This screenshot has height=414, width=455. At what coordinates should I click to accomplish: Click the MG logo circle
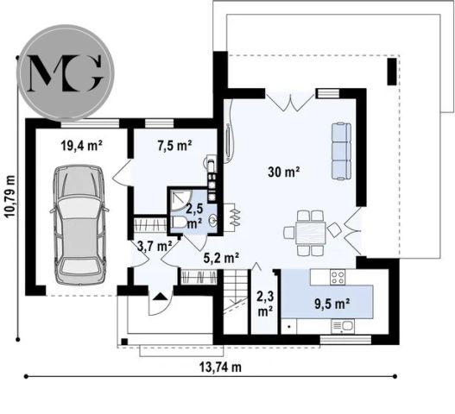pos(67,72)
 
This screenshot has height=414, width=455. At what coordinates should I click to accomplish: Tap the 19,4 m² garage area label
pos(81,146)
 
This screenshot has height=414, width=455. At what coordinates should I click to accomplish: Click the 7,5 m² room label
pos(174,145)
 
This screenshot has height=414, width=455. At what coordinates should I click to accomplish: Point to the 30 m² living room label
pos(283,172)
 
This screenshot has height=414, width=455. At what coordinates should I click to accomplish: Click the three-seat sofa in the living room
pos(341,151)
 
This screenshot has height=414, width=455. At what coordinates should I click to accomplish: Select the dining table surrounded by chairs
pos(311,234)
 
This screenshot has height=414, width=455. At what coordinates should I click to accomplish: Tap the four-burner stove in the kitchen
pos(338,277)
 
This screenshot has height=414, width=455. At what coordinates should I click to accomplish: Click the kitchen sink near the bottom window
pos(343,326)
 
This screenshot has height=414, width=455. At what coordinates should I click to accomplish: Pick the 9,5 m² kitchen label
pos(332,304)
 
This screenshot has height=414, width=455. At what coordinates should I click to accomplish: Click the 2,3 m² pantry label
pos(265,304)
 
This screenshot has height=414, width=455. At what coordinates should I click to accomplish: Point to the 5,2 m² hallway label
pos(221,258)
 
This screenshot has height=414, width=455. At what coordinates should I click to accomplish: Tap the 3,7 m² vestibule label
pos(154,247)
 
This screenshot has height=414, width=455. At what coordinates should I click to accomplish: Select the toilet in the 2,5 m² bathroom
pos(179,223)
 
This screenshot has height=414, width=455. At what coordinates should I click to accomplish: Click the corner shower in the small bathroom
pos(180,199)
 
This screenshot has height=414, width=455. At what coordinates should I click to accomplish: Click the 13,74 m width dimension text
pos(220,367)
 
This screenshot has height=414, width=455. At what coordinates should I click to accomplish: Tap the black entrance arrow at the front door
pos(159,297)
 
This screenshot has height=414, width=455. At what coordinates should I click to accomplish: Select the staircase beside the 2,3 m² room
pos(235,302)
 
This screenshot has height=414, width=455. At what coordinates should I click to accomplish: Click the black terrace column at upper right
pos(392,72)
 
